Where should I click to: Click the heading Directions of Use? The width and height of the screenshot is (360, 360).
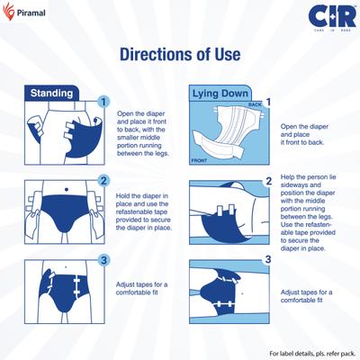pos(180,54)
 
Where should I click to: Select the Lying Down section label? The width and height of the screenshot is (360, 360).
pos(221,93)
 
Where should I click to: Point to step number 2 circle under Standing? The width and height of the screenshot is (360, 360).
pos(103,180)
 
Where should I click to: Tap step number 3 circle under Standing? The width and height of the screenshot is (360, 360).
pos(103,260)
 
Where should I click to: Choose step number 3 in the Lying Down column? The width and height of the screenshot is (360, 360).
pos(267,260)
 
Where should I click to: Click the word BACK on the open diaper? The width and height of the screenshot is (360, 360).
pos(255,105)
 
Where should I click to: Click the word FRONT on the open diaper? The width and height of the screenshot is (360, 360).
pos(200,159)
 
